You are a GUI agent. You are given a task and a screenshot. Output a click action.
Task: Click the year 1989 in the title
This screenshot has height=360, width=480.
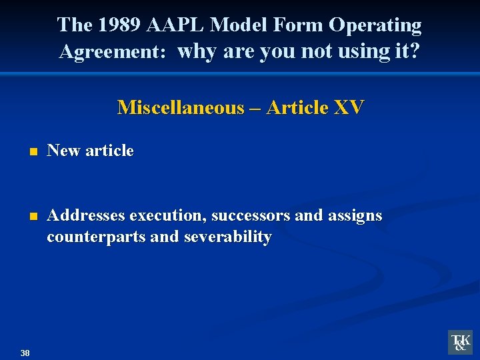click(118, 25)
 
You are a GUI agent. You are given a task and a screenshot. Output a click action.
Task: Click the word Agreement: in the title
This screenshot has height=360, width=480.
click(112, 51)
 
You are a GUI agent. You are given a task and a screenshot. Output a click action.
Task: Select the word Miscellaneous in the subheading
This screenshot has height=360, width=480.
click(181, 107)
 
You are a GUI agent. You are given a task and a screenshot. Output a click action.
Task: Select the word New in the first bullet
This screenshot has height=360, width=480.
click(64, 151)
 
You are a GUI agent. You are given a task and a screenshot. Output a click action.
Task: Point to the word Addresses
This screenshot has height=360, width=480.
click(87, 215)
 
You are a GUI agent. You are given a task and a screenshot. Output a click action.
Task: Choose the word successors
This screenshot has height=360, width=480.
click(251, 215)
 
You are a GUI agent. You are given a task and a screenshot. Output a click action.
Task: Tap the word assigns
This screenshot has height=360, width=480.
click(355, 215)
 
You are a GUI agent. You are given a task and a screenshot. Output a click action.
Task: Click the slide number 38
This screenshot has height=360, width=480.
click(25, 353)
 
